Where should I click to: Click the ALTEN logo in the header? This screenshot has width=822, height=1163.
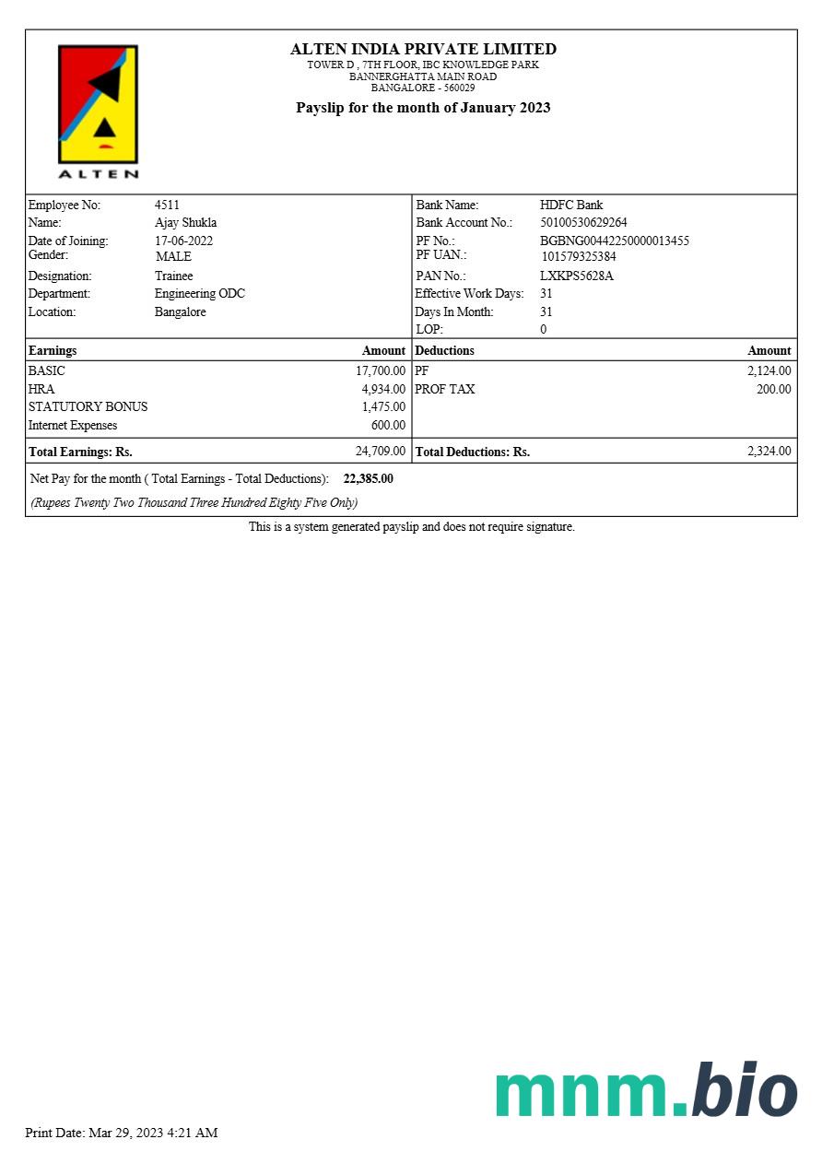pos(99,111)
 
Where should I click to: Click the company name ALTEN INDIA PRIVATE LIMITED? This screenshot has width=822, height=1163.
pos(423,49)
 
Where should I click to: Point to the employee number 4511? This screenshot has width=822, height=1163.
pos(167,205)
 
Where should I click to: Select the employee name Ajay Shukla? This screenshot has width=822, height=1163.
pos(185,222)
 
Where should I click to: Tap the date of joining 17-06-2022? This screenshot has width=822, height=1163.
pos(183,241)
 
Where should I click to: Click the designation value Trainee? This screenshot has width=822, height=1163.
pos(173,276)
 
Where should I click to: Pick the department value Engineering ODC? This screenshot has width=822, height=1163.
pos(199,293)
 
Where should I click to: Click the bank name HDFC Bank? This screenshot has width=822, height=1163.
pos(571,205)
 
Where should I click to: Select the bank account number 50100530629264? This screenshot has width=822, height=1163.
pos(583,222)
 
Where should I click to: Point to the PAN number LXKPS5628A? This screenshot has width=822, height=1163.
pos(577,276)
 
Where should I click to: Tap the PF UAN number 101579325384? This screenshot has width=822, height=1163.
pos(579,256)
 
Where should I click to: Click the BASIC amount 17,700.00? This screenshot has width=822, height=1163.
pos(381,370)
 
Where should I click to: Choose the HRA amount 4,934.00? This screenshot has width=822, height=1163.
pos(383,389)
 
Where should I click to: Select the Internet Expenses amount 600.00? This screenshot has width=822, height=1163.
pos(388,425)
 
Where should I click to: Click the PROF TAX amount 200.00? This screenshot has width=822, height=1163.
pos(773,389)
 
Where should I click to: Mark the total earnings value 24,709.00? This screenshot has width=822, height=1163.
pos(380,451)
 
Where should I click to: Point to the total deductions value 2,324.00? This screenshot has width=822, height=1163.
pos(769,451)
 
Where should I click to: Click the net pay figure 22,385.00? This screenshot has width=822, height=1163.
pos(368,478)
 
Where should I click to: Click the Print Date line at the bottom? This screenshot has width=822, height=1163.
pos(121,1133)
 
